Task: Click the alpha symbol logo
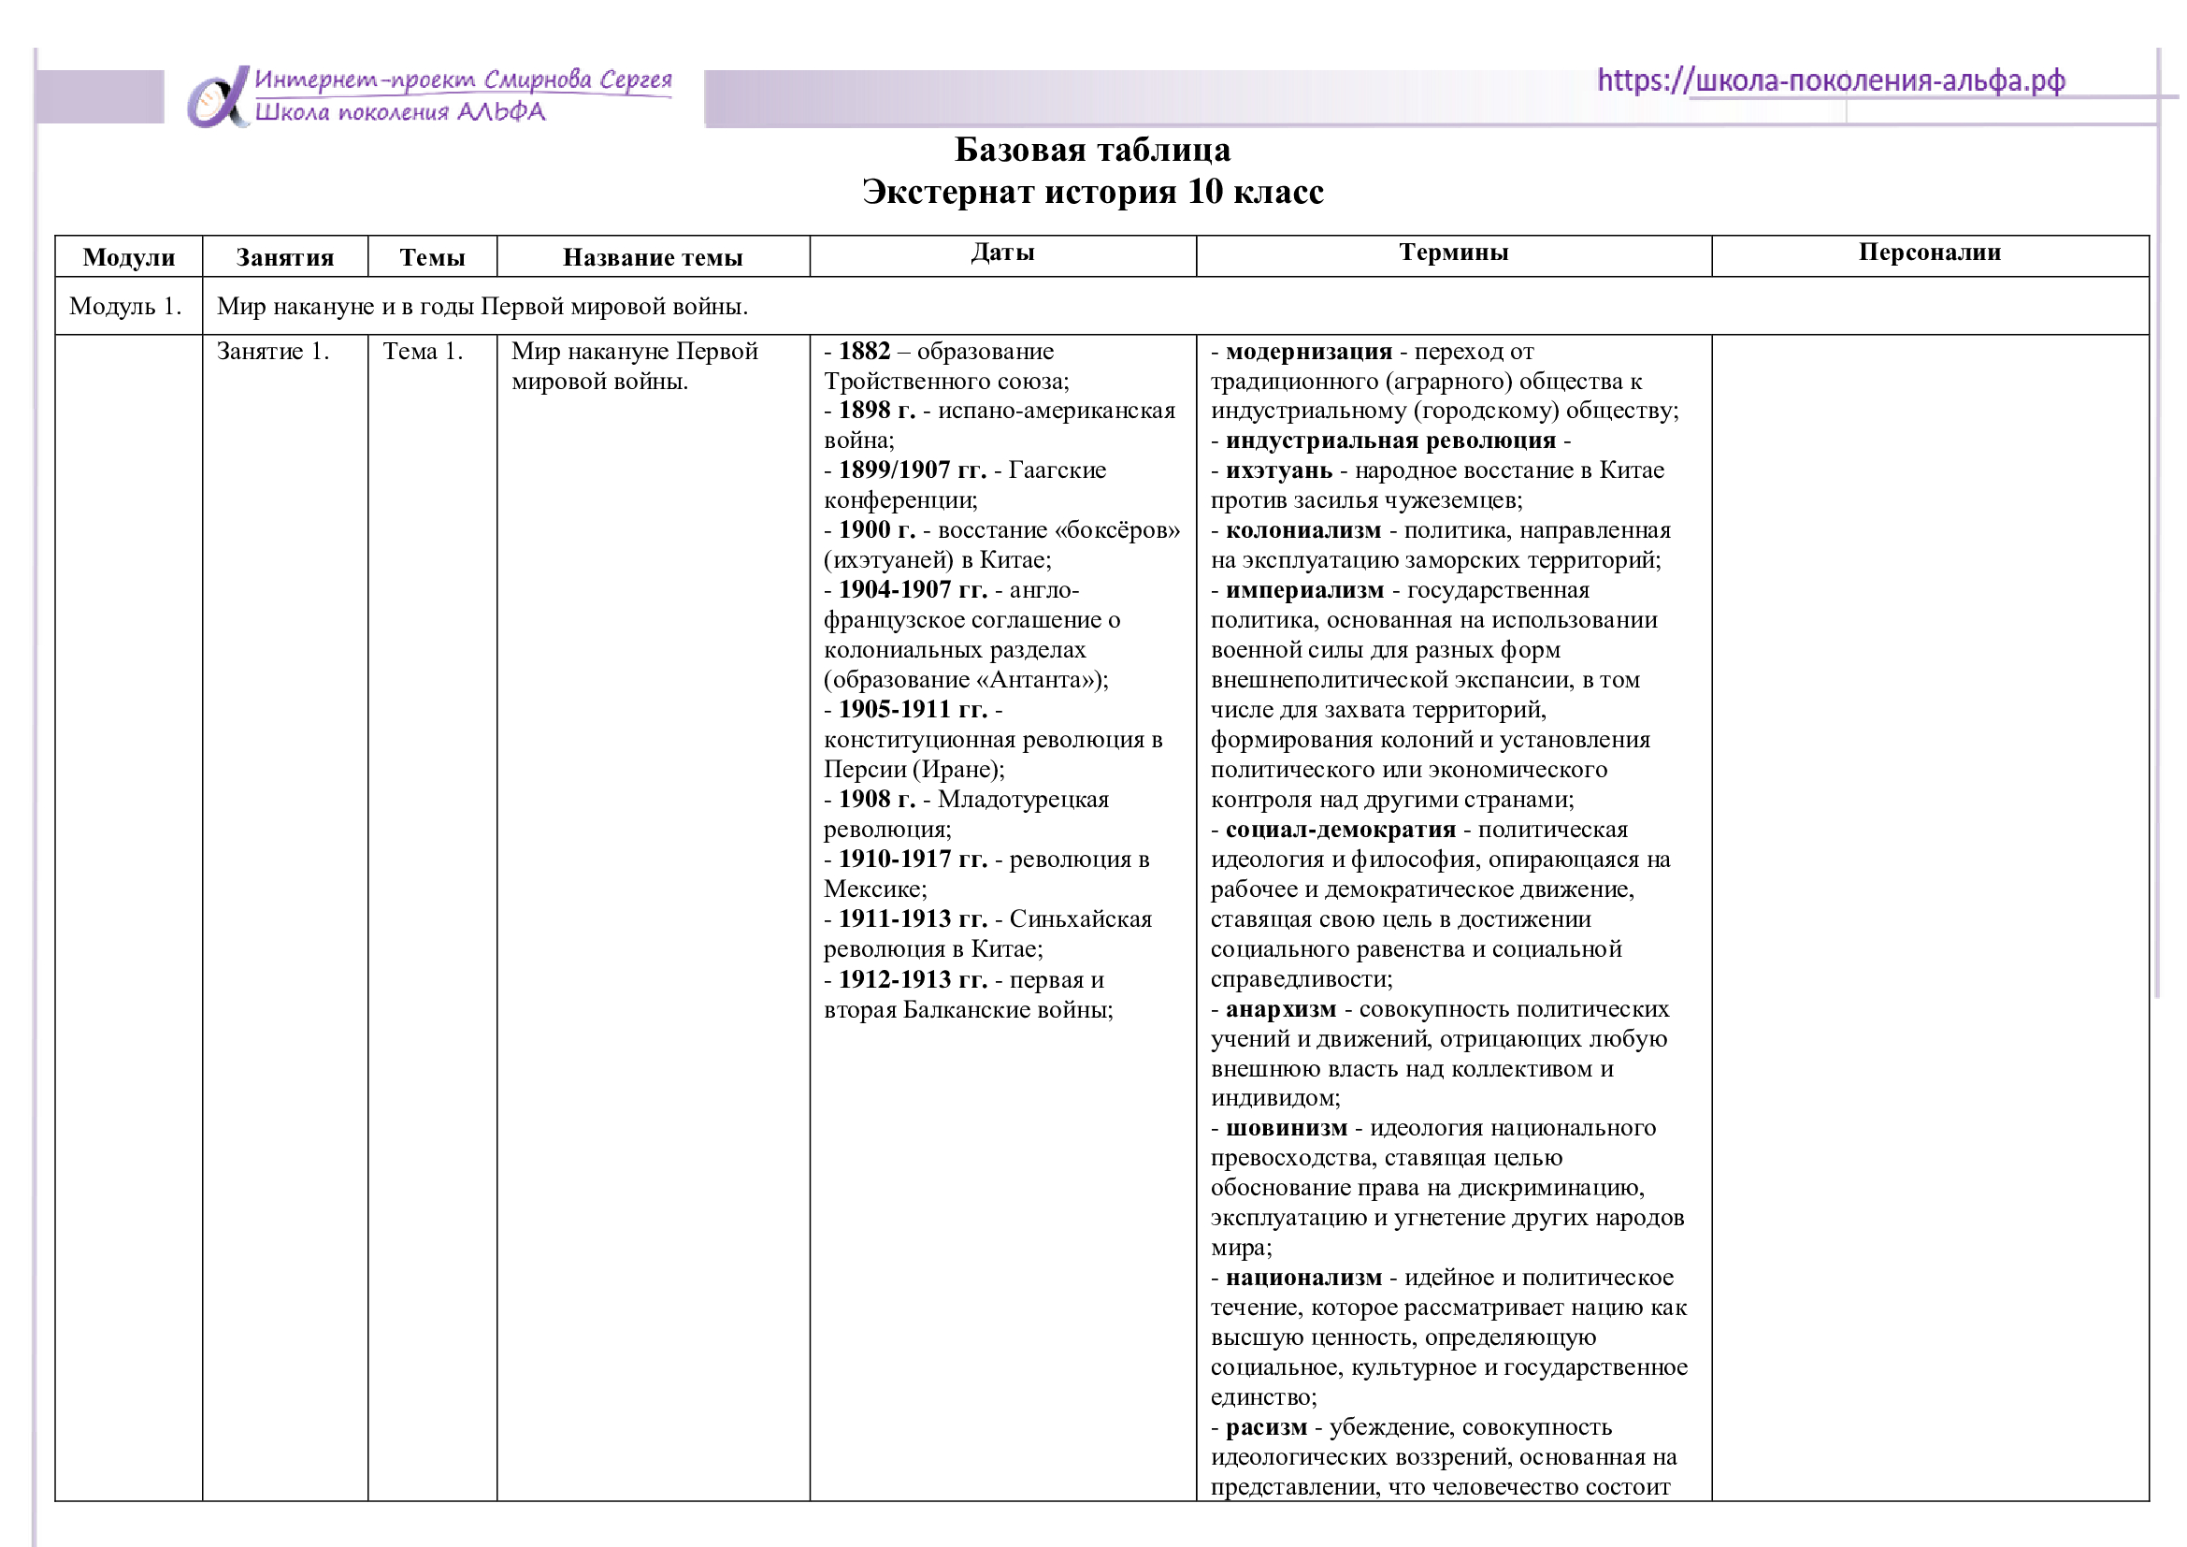click(217, 97)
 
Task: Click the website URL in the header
click(1830, 80)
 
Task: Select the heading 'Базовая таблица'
click(1091, 150)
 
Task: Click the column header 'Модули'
click(129, 257)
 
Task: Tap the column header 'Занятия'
click(285, 257)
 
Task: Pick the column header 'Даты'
click(1002, 253)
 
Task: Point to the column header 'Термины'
click(1453, 253)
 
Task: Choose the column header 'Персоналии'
click(1929, 253)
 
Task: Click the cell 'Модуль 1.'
click(124, 306)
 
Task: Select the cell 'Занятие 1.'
click(272, 352)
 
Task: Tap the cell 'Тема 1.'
click(422, 352)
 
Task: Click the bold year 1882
click(864, 352)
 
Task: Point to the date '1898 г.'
click(876, 411)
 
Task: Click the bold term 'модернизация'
click(1308, 352)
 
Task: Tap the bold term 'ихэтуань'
click(1278, 470)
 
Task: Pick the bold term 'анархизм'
click(1280, 1010)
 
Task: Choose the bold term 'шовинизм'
click(1286, 1129)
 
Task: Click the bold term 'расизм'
click(1266, 1428)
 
